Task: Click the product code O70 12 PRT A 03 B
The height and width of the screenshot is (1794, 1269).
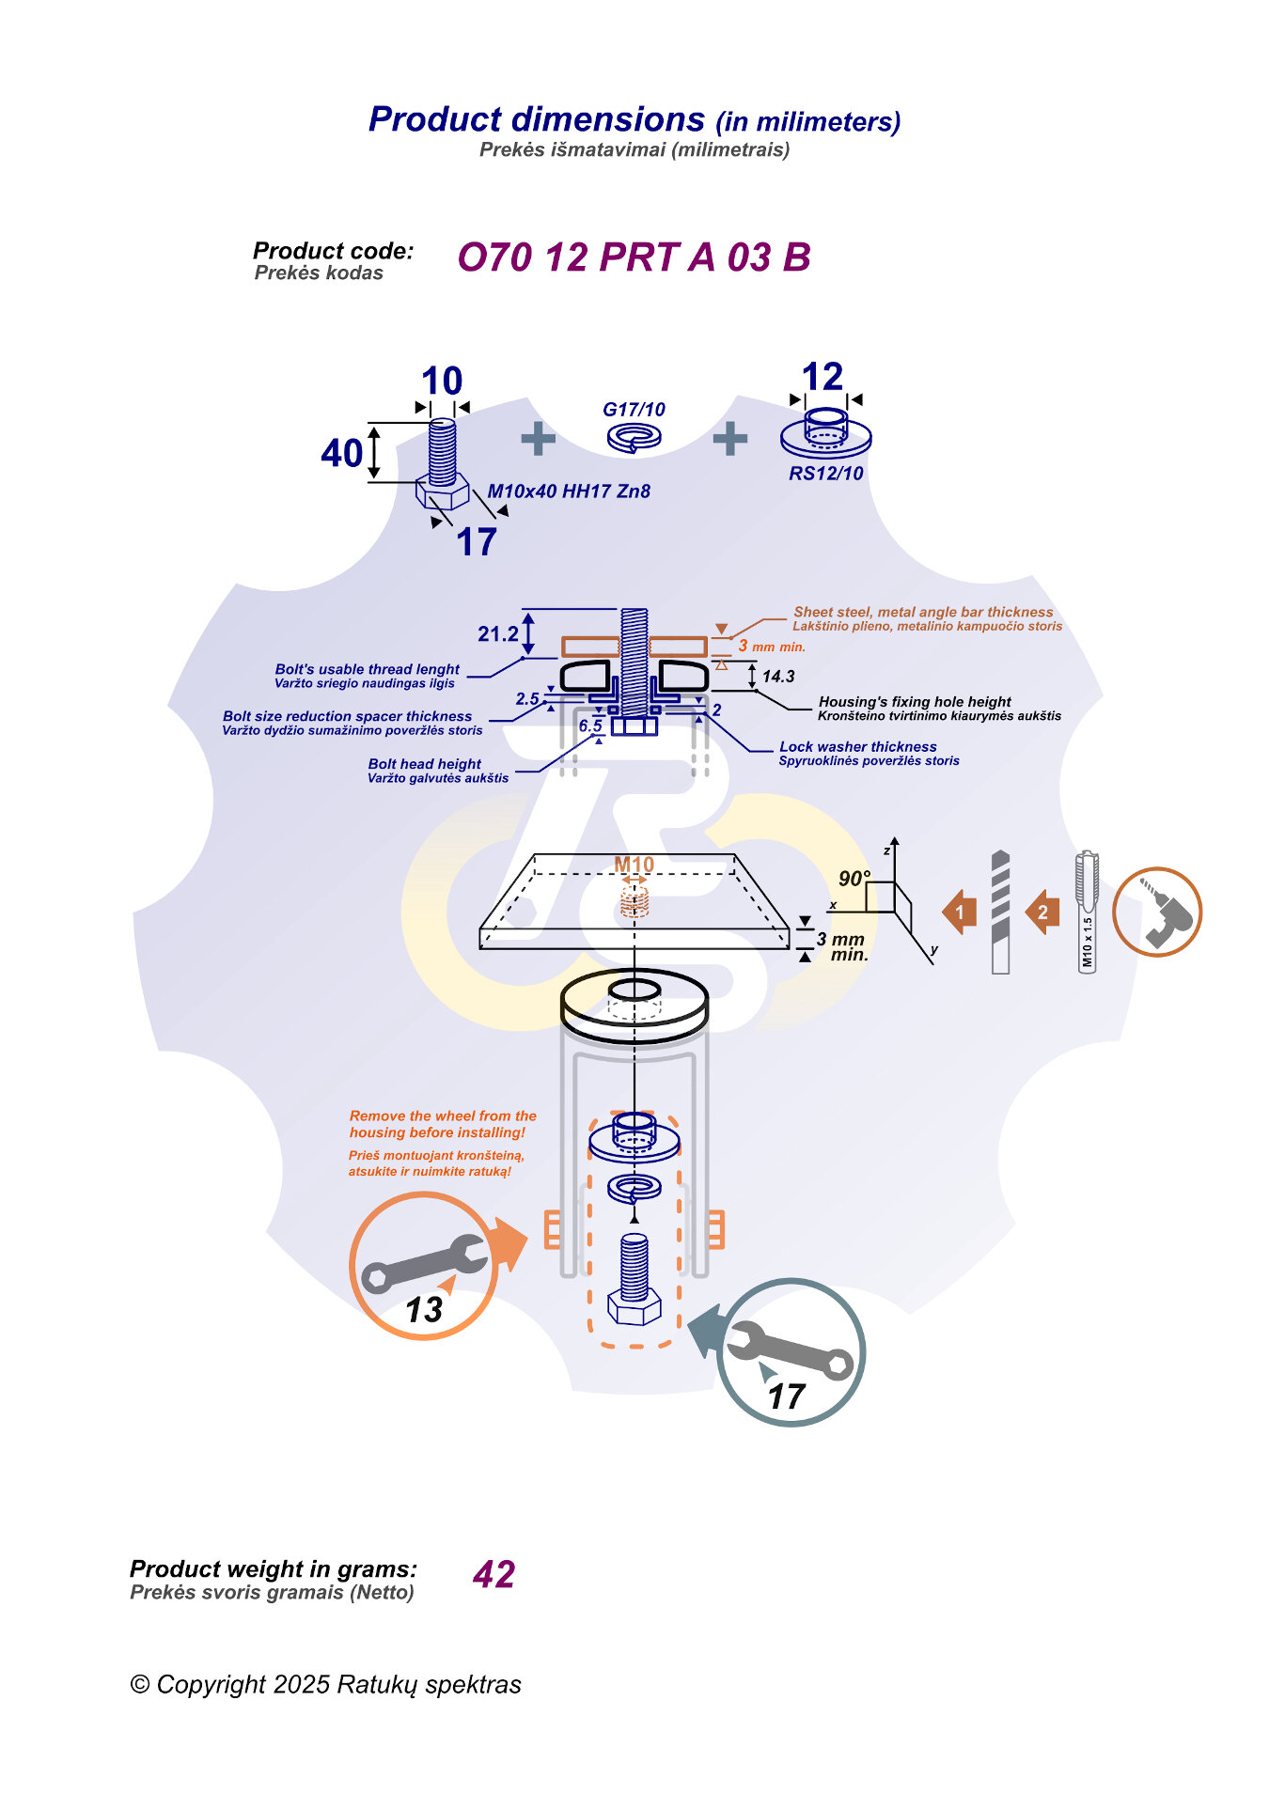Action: point(634,257)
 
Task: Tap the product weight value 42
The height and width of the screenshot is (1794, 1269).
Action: point(494,1574)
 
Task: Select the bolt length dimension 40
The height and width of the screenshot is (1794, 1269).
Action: point(341,453)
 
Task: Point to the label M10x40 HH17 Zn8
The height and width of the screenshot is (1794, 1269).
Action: point(569,491)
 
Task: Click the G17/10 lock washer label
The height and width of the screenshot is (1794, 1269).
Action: point(634,410)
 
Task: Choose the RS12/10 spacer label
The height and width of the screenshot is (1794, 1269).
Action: point(825,474)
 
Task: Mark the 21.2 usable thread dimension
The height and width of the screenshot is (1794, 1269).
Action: point(497,634)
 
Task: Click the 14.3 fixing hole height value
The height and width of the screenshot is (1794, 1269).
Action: point(778,676)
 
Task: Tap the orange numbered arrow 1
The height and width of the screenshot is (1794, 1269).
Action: point(960,912)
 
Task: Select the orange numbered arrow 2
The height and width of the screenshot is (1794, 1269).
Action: point(1042,912)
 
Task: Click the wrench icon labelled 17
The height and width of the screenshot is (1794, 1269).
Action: point(791,1352)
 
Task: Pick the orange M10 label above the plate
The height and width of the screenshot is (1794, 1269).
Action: point(634,865)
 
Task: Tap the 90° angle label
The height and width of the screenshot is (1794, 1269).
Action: point(854,879)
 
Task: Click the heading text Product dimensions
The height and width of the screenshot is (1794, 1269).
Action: point(537,119)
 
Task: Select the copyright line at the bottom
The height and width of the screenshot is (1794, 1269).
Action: point(325,1684)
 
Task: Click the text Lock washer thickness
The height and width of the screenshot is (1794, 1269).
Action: point(858,747)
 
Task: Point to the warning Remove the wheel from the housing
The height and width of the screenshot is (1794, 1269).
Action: point(443,1124)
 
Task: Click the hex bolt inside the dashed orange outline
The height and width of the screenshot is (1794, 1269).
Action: point(634,1279)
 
